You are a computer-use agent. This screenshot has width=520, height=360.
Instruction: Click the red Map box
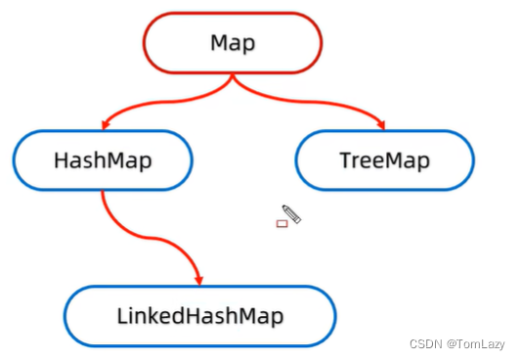tap(233, 44)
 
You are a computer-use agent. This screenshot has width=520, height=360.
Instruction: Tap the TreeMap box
tap(384, 159)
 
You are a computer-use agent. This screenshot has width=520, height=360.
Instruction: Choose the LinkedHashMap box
tap(199, 315)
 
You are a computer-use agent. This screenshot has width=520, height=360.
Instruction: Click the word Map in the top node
tap(233, 44)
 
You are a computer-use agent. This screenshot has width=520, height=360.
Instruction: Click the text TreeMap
tap(384, 159)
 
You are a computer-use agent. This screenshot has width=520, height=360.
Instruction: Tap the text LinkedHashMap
tap(199, 315)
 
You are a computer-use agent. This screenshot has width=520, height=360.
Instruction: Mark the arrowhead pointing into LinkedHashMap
tap(198, 278)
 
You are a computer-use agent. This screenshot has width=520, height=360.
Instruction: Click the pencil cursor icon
tap(291, 213)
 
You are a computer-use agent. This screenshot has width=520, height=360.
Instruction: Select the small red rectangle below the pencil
tap(282, 224)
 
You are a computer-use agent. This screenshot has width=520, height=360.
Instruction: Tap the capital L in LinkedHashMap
tap(121, 315)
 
